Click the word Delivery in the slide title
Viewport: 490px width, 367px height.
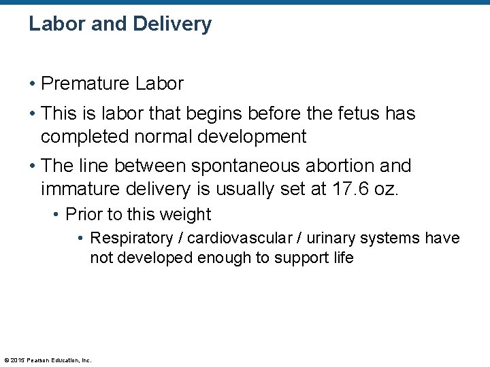pyautogui.click(x=172, y=24)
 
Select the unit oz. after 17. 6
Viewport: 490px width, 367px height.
pyautogui.click(x=389, y=189)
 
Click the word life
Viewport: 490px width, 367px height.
pyautogui.click(x=342, y=258)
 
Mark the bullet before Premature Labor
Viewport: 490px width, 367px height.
pyautogui.click(x=32, y=84)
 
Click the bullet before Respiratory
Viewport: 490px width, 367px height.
pyautogui.click(x=81, y=239)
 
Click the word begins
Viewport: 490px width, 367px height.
pyautogui.click(x=198, y=113)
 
